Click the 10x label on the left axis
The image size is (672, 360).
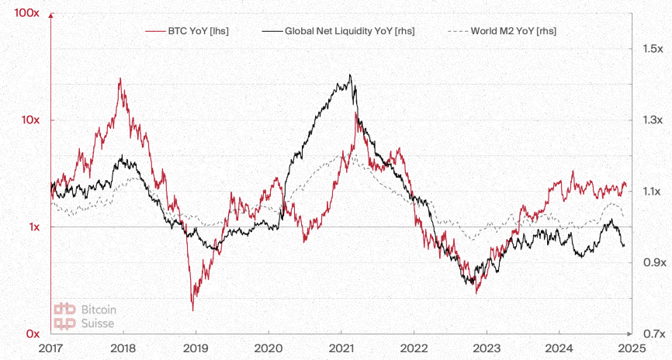coord(29,120)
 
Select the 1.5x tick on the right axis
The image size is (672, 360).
coord(650,49)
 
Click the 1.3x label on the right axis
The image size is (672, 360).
coord(650,120)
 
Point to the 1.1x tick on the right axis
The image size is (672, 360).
coord(649,192)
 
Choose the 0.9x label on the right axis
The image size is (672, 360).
coord(650,263)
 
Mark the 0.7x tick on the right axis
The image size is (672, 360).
coord(650,334)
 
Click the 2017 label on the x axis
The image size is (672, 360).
coord(50,348)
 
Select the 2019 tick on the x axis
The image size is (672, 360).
coord(196,348)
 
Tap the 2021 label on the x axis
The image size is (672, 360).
coord(341,348)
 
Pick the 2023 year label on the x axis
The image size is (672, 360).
coord(486,348)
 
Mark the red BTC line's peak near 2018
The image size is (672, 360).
coord(120,78)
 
